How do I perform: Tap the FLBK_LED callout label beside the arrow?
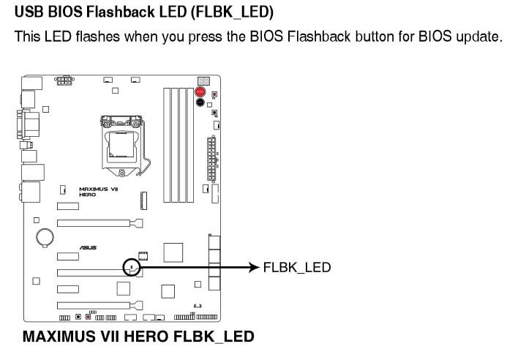297,268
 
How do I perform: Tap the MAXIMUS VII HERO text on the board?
93,191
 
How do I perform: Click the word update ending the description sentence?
481,37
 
